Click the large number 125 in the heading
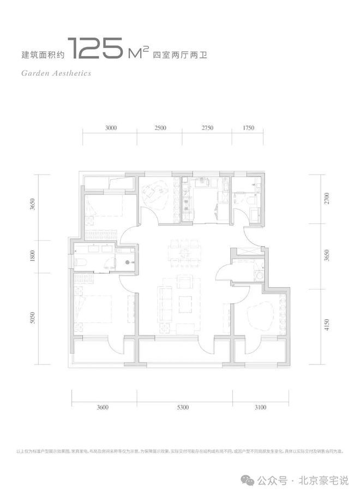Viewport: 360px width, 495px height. [x=96, y=50]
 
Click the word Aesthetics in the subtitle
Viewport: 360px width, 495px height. [x=69, y=73]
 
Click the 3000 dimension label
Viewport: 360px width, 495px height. [x=111, y=128]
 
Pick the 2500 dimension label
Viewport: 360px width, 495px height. [x=160, y=128]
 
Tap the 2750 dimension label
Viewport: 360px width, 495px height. [x=207, y=128]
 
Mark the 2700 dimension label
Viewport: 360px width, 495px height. [x=327, y=199]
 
